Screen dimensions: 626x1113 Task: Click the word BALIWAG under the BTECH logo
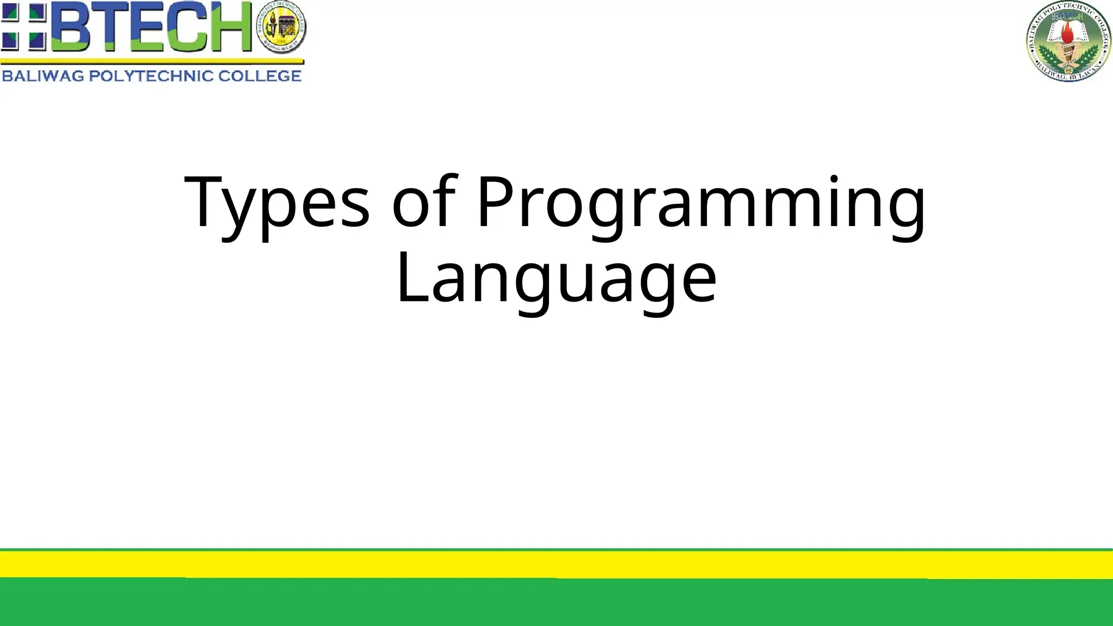pos(43,76)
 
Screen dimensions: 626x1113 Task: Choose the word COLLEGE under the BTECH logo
pos(260,76)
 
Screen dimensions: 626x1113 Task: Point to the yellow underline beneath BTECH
pos(152,61)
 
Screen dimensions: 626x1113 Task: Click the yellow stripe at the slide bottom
pos(556,564)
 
